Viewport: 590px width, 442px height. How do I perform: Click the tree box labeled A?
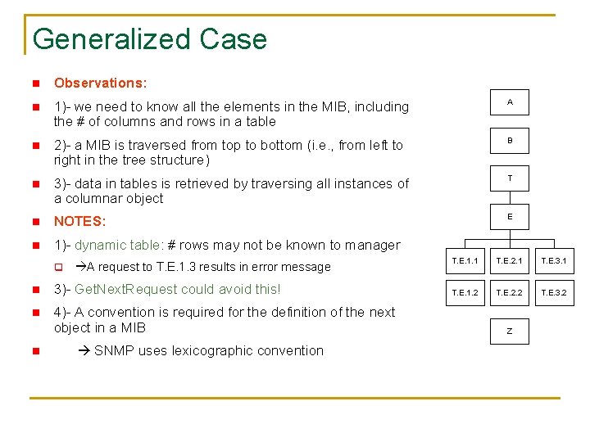[x=510, y=102]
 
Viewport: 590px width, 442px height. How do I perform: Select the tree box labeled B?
[x=510, y=141]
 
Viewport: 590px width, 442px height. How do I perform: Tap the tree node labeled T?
[x=510, y=178]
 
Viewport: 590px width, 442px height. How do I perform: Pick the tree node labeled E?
[x=510, y=217]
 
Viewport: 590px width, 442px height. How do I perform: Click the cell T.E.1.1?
[x=463, y=260]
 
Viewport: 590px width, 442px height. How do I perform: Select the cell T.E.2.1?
[x=510, y=260]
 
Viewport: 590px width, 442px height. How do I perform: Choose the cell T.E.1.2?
[x=463, y=292]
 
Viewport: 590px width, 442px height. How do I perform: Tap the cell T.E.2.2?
[x=510, y=292]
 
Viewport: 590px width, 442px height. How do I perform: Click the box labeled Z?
[x=510, y=331]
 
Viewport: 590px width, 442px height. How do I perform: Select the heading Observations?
[x=100, y=83]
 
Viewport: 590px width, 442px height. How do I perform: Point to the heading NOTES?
[x=79, y=221]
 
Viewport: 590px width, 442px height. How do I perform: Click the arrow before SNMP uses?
[x=85, y=350]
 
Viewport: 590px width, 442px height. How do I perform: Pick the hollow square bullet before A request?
[x=58, y=267]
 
